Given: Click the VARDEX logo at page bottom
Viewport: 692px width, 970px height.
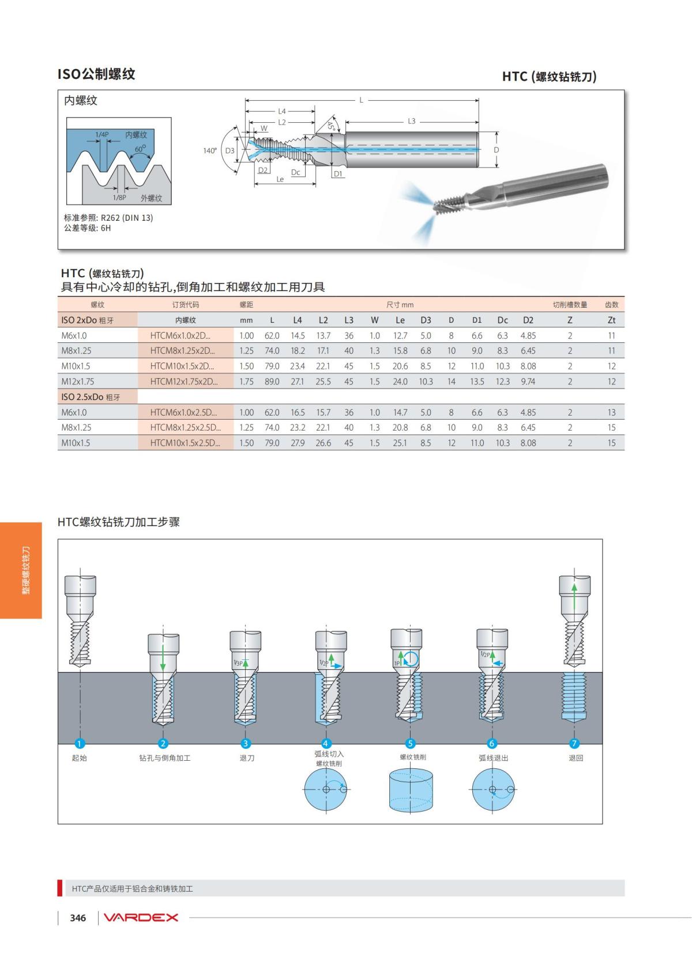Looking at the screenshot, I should (x=141, y=918).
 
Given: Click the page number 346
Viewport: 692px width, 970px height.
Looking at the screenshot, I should (x=78, y=918).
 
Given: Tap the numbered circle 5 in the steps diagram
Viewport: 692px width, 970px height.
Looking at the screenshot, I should (x=411, y=743).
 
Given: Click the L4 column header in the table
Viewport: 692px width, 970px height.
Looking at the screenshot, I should (x=298, y=320).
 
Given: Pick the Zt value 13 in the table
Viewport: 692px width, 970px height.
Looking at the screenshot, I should (x=611, y=413).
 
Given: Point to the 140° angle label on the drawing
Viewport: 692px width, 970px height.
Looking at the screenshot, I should (x=209, y=150).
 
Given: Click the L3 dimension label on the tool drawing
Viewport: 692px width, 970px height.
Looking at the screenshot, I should (x=411, y=122).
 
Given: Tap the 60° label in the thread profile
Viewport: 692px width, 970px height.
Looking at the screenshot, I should (x=140, y=149).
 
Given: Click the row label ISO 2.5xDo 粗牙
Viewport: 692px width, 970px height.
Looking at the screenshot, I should (x=91, y=397).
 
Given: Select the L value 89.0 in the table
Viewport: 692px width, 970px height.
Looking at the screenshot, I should (x=272, y=382).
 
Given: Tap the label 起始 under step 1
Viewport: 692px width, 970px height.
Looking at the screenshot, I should (x=80, y=758).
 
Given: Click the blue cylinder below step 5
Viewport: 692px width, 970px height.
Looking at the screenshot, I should (x=411, y=790).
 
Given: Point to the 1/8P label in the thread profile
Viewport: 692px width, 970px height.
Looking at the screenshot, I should (x=119, y=198).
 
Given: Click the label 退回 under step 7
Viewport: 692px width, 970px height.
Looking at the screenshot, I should (x=576, y=758).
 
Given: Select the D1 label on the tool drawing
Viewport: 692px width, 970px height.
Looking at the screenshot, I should (x=338, y=173).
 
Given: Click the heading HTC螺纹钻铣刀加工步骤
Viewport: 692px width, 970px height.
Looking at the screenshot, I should (x=119, y=522).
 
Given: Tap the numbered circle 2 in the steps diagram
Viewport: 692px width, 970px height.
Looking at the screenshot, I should (x=163, y=743).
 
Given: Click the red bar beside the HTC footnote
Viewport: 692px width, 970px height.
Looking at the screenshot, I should (x=60, y=888).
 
